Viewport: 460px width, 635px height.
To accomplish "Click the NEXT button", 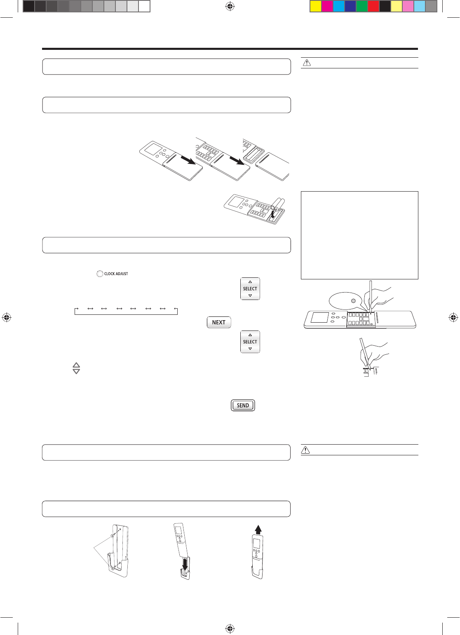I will pyautogui.click(x=218, y=322).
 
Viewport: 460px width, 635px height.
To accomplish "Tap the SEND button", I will pyautogui.click(x=243, y=405).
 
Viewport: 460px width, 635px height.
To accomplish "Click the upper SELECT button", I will pyautogui.click(x=250, y=288).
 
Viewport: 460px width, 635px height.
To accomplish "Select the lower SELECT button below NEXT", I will pyautogui.click(x=250, y=342).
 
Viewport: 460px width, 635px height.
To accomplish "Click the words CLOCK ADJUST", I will pyautogui.click(x=116, y=274).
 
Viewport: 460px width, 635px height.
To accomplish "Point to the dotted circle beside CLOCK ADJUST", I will pyautogui.click(x=99, y=274).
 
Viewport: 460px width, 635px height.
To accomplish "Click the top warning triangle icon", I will pyautogui.click(x=307, y=63).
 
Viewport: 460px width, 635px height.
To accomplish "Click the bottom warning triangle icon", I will pyautogui.click(x=305, y=450).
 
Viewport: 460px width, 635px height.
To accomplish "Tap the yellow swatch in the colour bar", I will pyautogui.click(x=315, y=6).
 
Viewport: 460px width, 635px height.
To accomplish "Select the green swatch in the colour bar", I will pyautogui.click(x=361, y=6).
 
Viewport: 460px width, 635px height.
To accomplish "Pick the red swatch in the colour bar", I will pyautogui.click(x=373, y=6).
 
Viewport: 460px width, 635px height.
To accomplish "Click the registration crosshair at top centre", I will pyautogui.click(x=230, y=6).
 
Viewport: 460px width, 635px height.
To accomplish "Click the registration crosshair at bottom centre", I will pyautogui.click(x=230, y=628).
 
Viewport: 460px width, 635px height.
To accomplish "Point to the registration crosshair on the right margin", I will pyautogui.click(x=453, y=318).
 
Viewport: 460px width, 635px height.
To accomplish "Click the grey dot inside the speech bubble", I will pyautogui.click(x=353, y=301).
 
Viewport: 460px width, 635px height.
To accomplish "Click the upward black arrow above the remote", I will pyautogui.click(x=258, y=530).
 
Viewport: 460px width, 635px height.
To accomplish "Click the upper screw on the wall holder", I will pyautogui.click(x=113, y=536).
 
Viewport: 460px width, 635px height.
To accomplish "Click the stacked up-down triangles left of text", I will pyautogui.click(x=76, y=368).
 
